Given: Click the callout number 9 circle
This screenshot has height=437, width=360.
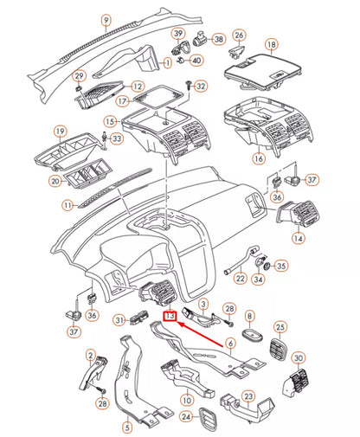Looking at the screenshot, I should tap(106, 19).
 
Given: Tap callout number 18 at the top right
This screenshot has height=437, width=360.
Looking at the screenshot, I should tap(271, 43).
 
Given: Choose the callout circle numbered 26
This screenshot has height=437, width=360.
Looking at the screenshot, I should tap(241, 35).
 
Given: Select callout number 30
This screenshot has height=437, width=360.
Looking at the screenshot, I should tap(299, 358).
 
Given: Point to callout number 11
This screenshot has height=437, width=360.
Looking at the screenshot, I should tap(67, 206).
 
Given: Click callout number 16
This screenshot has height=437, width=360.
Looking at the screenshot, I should tap(257, 159).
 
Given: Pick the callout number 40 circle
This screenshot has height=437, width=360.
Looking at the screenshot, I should tap(196, 61).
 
